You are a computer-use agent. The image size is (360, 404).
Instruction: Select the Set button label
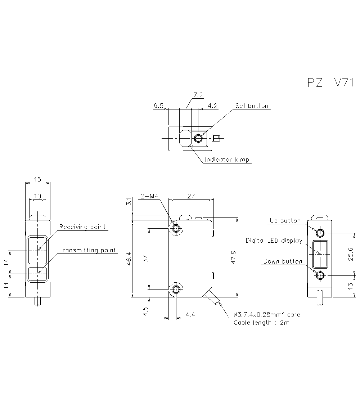click(252, 106)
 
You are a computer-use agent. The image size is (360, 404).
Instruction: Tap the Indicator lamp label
click(227, 160)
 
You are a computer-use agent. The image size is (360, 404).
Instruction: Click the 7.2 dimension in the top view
click(198, 95)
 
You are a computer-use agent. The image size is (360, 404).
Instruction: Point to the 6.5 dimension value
click(158, 106)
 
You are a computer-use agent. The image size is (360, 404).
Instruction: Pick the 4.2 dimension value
click(213, 106)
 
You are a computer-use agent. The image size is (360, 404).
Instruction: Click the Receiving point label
click(82, 227)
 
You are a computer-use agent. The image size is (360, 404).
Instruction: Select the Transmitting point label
click(87, 250)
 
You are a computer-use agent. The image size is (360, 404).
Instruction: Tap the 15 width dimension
click(38, 179)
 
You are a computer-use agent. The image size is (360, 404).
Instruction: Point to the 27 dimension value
click(191, 196)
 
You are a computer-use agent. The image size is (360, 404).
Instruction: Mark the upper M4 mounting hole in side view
click(176, 228)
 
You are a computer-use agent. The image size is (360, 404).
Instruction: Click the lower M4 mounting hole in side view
click(176, 289)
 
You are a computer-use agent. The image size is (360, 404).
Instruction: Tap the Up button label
click(285, 221)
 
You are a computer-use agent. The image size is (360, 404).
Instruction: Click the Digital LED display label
click(274, 241)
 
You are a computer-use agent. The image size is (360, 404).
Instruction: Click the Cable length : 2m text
click(261, 323)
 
